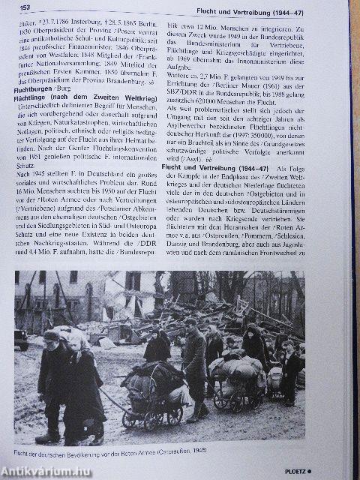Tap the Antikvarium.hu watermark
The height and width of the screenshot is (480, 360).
click(45, 469)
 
